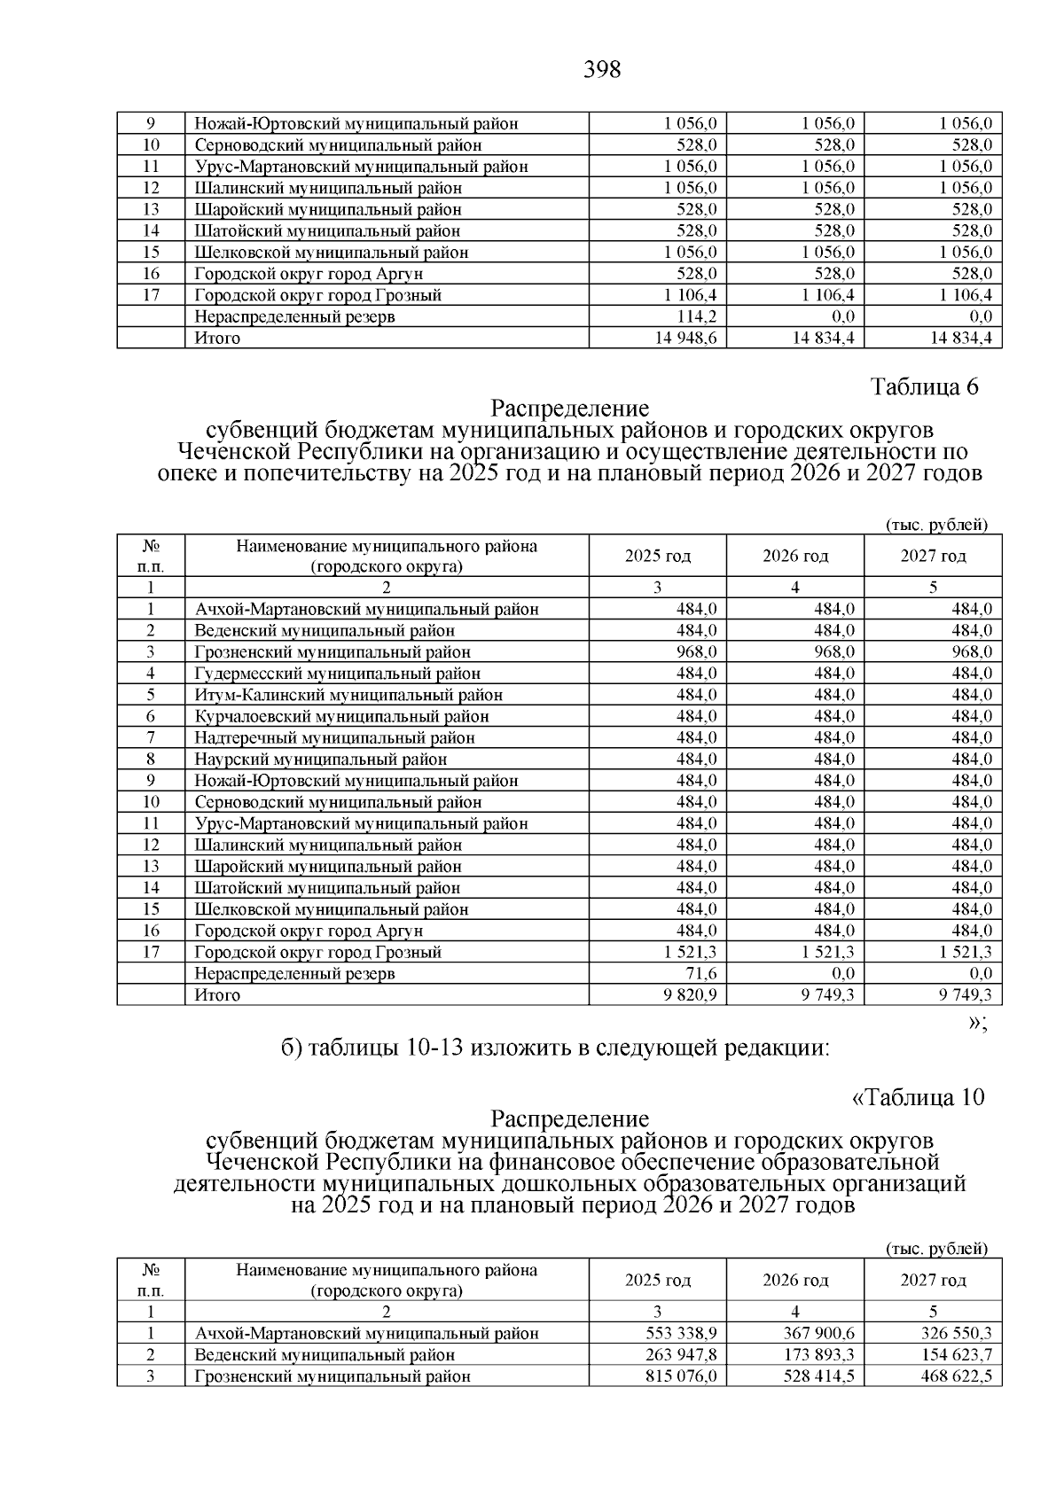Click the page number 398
pyautogui.click(x=602, y=70)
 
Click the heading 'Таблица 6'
pyautogui.click(x=925, y=388)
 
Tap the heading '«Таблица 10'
pyautogui.click(x=918, y=1098)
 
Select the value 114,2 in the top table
pyautogui.click(x=697, y=316)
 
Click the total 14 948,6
pyautogui.click(x=686, y=338)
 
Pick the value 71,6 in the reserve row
pyautogui.click(x=700, y=973)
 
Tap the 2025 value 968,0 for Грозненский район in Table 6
pyautogui.click(x=697, y=652)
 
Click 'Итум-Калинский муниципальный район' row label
pyautogui.click(x=348, y=695)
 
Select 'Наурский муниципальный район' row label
pyautogui.click(x=321, y=760)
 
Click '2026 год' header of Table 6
pyautogui.click(x=795, y=557)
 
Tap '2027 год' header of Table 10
pyautogui.click(x=933, y=1281)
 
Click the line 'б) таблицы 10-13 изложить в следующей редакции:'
pyautogui.click(x=554, y=1048)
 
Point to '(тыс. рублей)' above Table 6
pyautogui.click(x=936, y=526)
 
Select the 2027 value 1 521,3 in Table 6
pyautogui.click(x=961, y=952)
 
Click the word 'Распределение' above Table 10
pyautogui.click(x=570, y=1119)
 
